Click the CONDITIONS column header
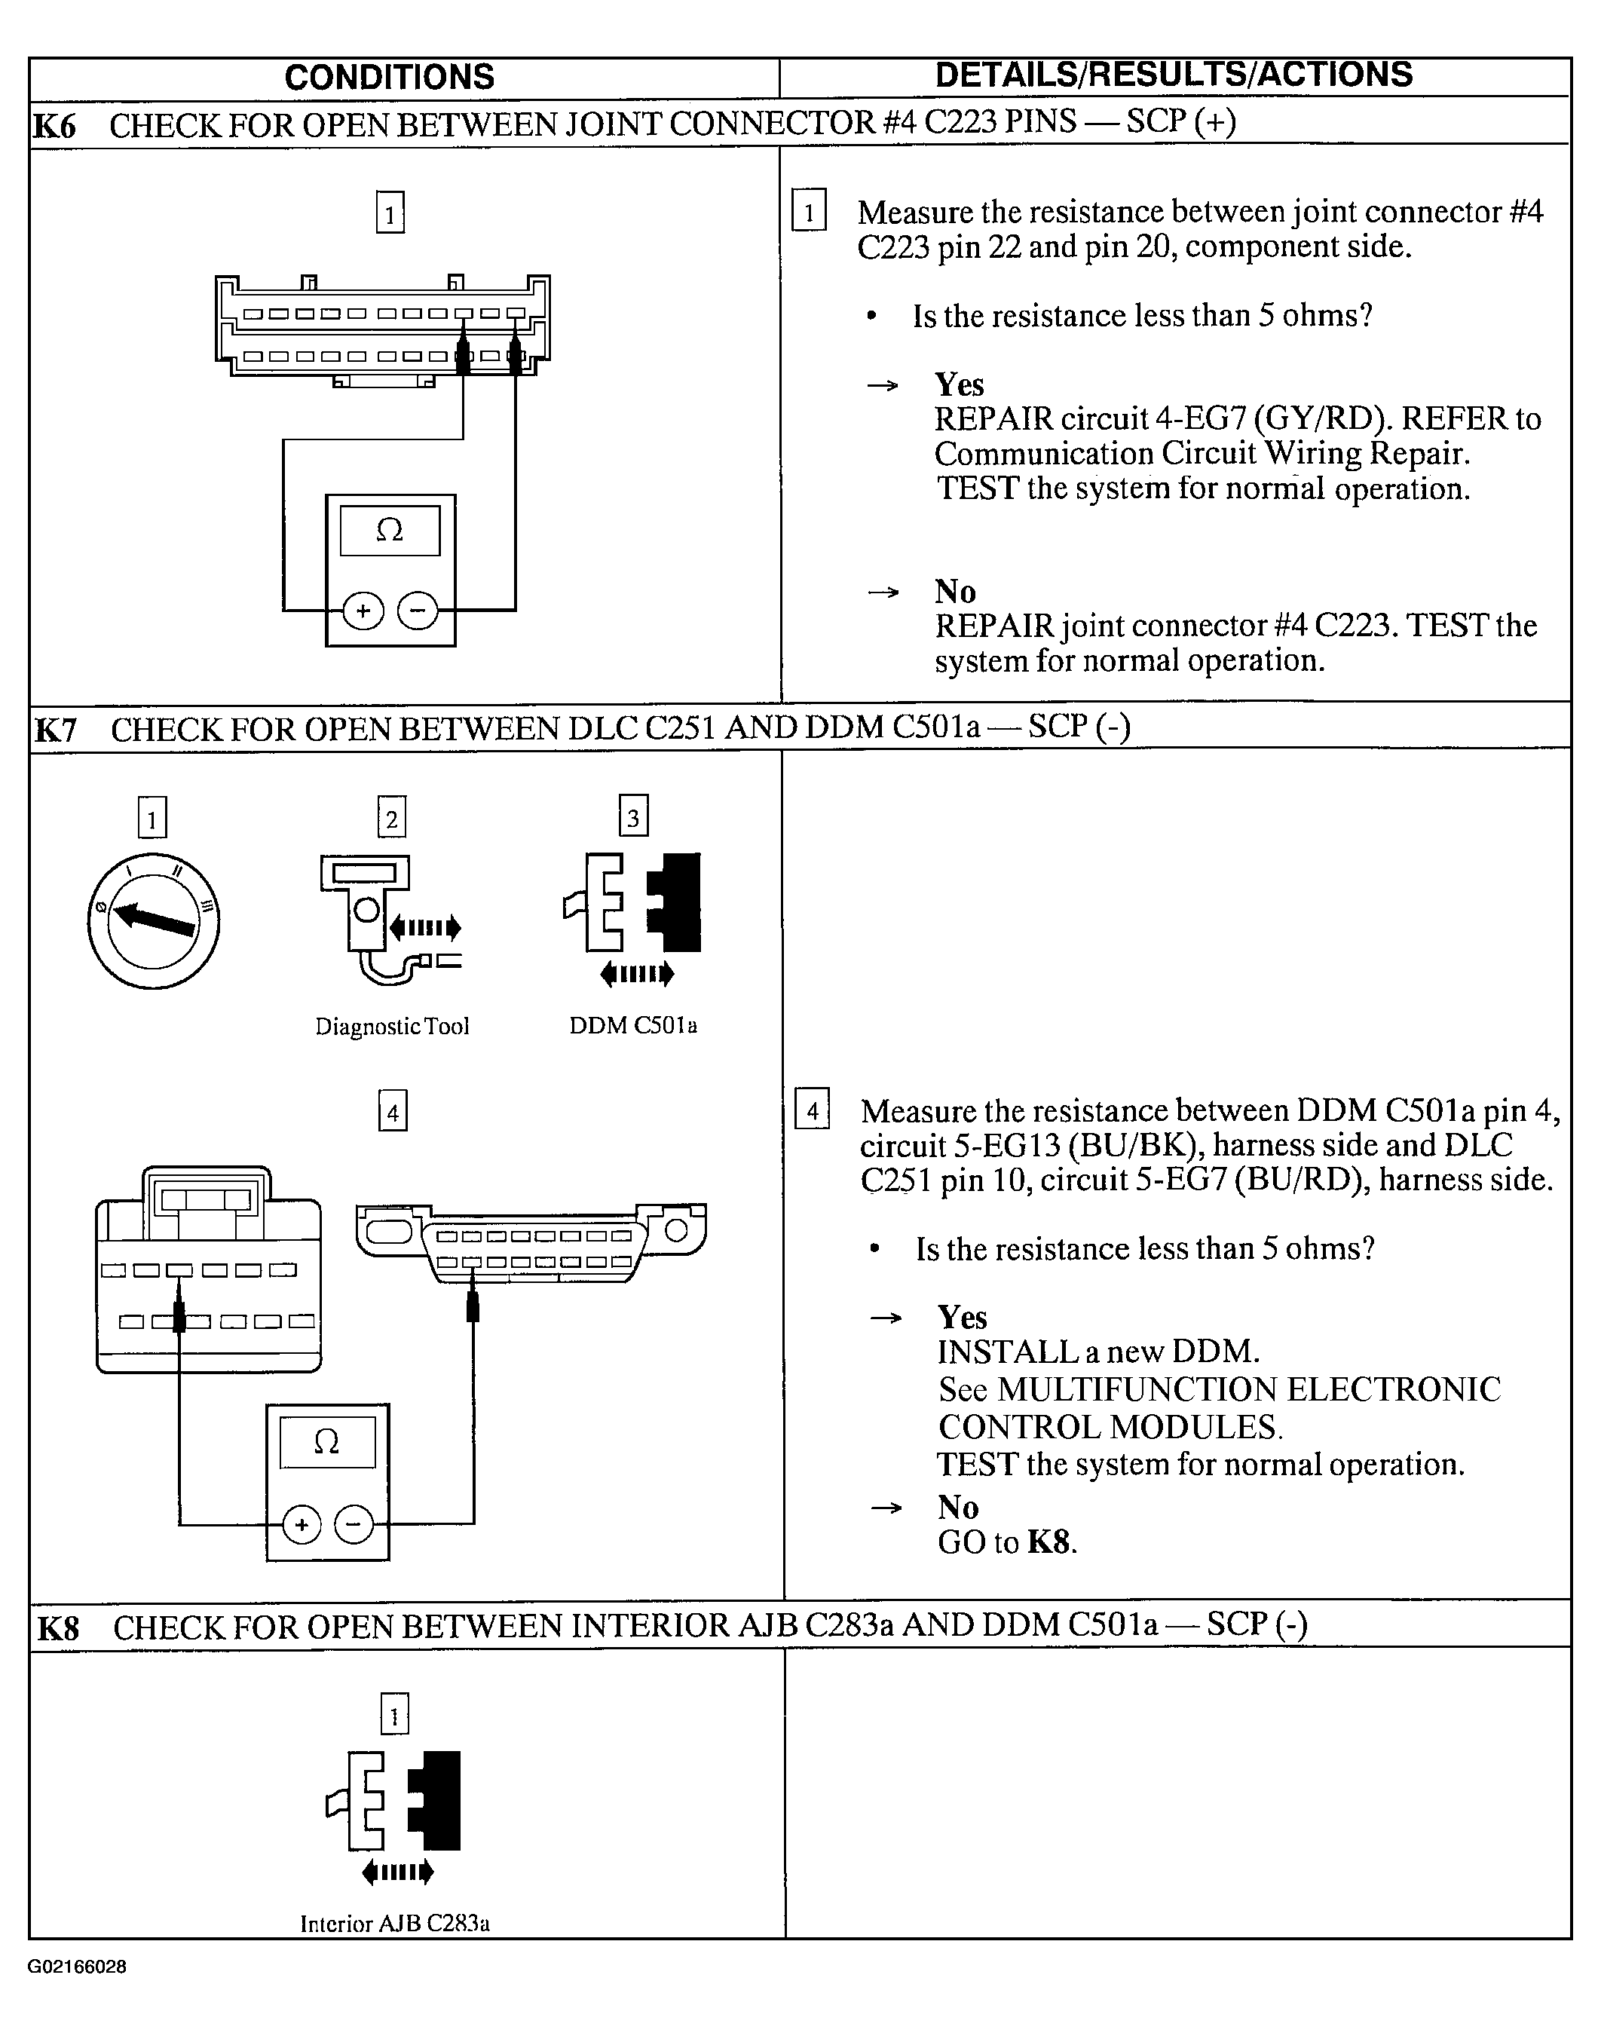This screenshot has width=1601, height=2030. [389, 77]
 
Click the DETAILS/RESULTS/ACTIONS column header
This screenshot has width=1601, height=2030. [1174, 75]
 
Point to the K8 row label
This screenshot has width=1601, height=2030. [58, 1629]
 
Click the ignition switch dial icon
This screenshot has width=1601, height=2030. [153, 920]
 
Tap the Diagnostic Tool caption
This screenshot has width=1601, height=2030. [392, 1026]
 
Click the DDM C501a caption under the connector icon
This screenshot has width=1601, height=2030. [634, 1025]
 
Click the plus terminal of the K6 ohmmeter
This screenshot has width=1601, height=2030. [364, 611]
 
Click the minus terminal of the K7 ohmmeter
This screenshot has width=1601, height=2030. [354, 1525]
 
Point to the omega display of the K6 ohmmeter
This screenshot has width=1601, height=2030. [390, 531]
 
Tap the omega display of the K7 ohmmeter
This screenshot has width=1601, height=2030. [327, 1441]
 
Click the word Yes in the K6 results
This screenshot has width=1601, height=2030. [959, 384]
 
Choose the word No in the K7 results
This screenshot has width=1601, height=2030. [958, 1507]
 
